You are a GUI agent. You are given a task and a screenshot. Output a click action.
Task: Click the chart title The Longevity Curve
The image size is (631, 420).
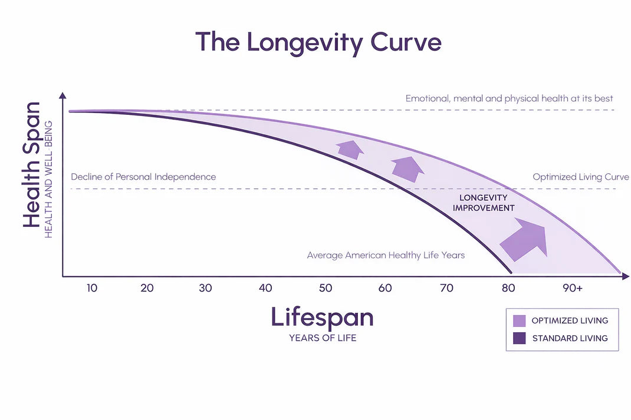click(x=318, y=42)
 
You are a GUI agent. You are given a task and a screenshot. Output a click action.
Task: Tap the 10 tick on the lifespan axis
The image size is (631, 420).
click(x=92, y=288)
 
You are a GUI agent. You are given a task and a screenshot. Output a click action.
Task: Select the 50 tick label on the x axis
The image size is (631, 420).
click(x=326, y=288)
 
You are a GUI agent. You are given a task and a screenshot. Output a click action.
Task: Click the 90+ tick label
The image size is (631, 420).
click(x=572, y=288)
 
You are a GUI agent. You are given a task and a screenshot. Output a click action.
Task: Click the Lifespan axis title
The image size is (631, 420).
click(x=322, y=318)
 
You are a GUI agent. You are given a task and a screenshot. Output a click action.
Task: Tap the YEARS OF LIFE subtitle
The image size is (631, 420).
click(x=322, y=338)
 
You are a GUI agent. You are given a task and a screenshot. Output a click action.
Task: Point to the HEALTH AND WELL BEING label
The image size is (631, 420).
click(x=49, y=179)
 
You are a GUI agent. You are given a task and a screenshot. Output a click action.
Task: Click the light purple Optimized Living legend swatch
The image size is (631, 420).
click(x=519, y=321)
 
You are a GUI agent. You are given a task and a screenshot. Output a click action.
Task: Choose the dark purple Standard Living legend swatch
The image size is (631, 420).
click(x=519, y=339)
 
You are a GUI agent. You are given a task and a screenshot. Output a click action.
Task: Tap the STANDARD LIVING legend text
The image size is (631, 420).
click(x=570, y=339)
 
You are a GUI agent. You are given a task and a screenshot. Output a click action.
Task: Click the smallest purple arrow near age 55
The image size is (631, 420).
click(x=350, y=150)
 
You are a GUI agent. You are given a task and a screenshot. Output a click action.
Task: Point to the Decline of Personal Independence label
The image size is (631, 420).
click(x=143, y=177)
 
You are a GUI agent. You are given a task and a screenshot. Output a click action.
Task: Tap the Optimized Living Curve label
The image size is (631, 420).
click(x=580, y=177)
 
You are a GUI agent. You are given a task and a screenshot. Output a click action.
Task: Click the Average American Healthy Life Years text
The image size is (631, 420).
click(x=386, y=255)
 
